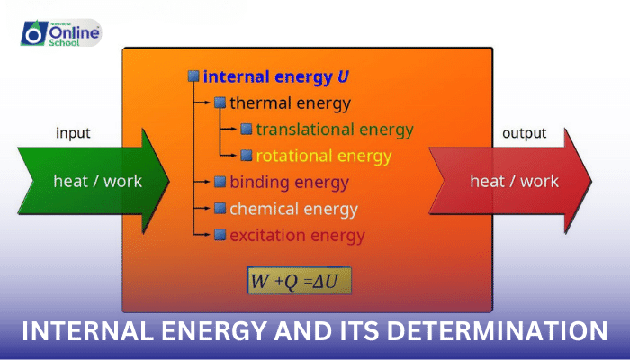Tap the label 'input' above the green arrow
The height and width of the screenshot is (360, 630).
(x=73, y=134)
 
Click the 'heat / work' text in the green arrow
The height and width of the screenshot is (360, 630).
(x=97, y=181)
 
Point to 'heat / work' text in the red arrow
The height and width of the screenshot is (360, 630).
(x=514, y=181)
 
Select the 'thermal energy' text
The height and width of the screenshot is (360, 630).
(x=290, y=103)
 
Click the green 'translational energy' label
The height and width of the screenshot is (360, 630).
(x=334, y=130)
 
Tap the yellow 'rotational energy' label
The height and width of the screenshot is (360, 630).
(x=324, y=157)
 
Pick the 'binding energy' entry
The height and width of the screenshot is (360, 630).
(x=289, y=183)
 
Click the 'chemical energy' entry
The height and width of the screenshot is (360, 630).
(x=293, y=210)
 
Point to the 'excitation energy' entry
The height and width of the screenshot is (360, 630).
(x=297, y=236)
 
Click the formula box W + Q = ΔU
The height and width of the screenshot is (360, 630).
(x=299, y=281)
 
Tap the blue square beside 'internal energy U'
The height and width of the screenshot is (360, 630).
(x=193, y=76)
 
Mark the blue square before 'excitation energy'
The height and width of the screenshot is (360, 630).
(x=220, y=236)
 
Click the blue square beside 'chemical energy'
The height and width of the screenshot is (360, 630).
(x=220, y=210)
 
